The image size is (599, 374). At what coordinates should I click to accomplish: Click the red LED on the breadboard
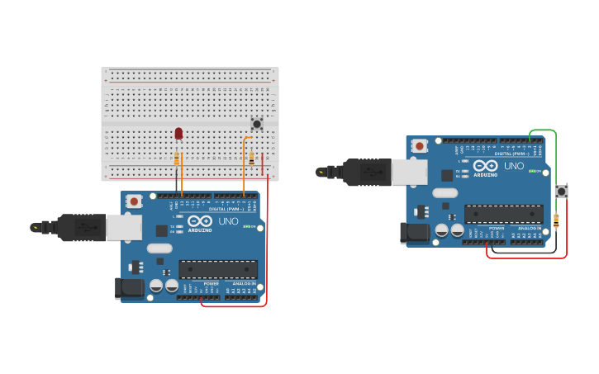pos(178,133)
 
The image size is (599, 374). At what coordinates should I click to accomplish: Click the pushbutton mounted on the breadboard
pos(257,124)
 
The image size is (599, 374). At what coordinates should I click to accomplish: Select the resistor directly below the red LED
pos(177,158)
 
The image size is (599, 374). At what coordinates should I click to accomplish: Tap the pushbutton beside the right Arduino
pos(561,192)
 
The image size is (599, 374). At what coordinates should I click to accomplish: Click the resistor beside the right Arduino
pos(555,220)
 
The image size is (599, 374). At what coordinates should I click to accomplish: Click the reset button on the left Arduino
pos(135,201)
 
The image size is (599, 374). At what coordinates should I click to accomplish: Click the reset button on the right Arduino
pos(420,146)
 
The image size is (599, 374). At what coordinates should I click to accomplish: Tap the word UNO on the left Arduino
pos(228,221)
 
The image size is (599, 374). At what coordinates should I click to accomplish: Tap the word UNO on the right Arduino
pos(513,166)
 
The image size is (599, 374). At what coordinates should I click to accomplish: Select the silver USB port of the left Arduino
pos(124,228)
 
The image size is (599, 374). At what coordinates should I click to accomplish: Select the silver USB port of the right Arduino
pos(409,172)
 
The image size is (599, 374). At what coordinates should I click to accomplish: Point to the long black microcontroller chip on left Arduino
pos(218,269)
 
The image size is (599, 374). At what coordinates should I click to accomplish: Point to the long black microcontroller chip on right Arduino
pos(503,214)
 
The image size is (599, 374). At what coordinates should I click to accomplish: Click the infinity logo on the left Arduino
pos(200,221)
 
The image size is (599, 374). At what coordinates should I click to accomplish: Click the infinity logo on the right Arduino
pos(485,166)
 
